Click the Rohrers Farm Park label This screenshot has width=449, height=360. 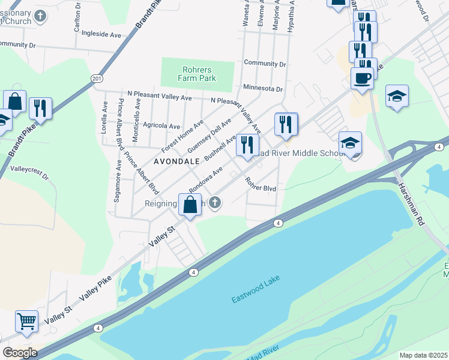pos(196,73)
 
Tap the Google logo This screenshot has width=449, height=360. pos(20,353)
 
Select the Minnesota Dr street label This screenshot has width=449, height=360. pos(263,88)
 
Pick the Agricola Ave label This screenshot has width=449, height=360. pos(162,126)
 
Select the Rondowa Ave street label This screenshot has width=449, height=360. pos(206,180)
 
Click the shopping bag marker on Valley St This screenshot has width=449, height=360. pos(190,205)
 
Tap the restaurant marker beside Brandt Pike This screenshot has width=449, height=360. pos(40,109)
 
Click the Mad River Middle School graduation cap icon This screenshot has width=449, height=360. pos(351,143)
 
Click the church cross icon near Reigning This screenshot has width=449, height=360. pos(214,204)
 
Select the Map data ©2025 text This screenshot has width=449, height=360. pos(423,355)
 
